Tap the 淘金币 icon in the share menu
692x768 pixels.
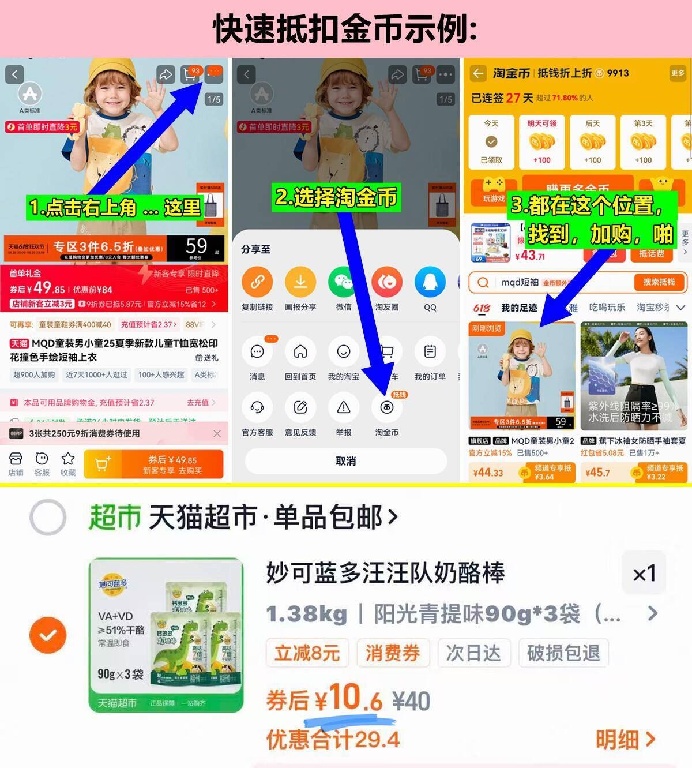[x=386, y=408]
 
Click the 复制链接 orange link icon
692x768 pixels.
[x=257, y=282]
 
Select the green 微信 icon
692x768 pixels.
[x=344, y=282]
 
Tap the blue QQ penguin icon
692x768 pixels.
[x=430, y=282]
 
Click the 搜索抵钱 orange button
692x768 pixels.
[x=659, y=282]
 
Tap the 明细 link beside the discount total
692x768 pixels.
[x=625, y=739]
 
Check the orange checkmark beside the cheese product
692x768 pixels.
[x=48, y=635]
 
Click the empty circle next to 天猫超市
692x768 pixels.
[x=48, y=518]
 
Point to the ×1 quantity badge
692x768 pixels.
[x=644, y=574]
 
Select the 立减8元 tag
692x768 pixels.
[x=307, y=653]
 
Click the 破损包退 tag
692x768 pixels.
[x=563, y=653]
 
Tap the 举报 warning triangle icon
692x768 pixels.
[x=344, y=408]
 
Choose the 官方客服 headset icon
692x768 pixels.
[x=257, y=408]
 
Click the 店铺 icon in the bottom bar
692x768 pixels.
[x=16, y=459]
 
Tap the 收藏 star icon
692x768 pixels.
[x=68, y=459]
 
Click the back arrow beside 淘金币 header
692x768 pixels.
[x=478, y=73]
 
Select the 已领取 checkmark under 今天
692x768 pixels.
[x=491, y=142]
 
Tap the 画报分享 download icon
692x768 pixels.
[x=300, y=282]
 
